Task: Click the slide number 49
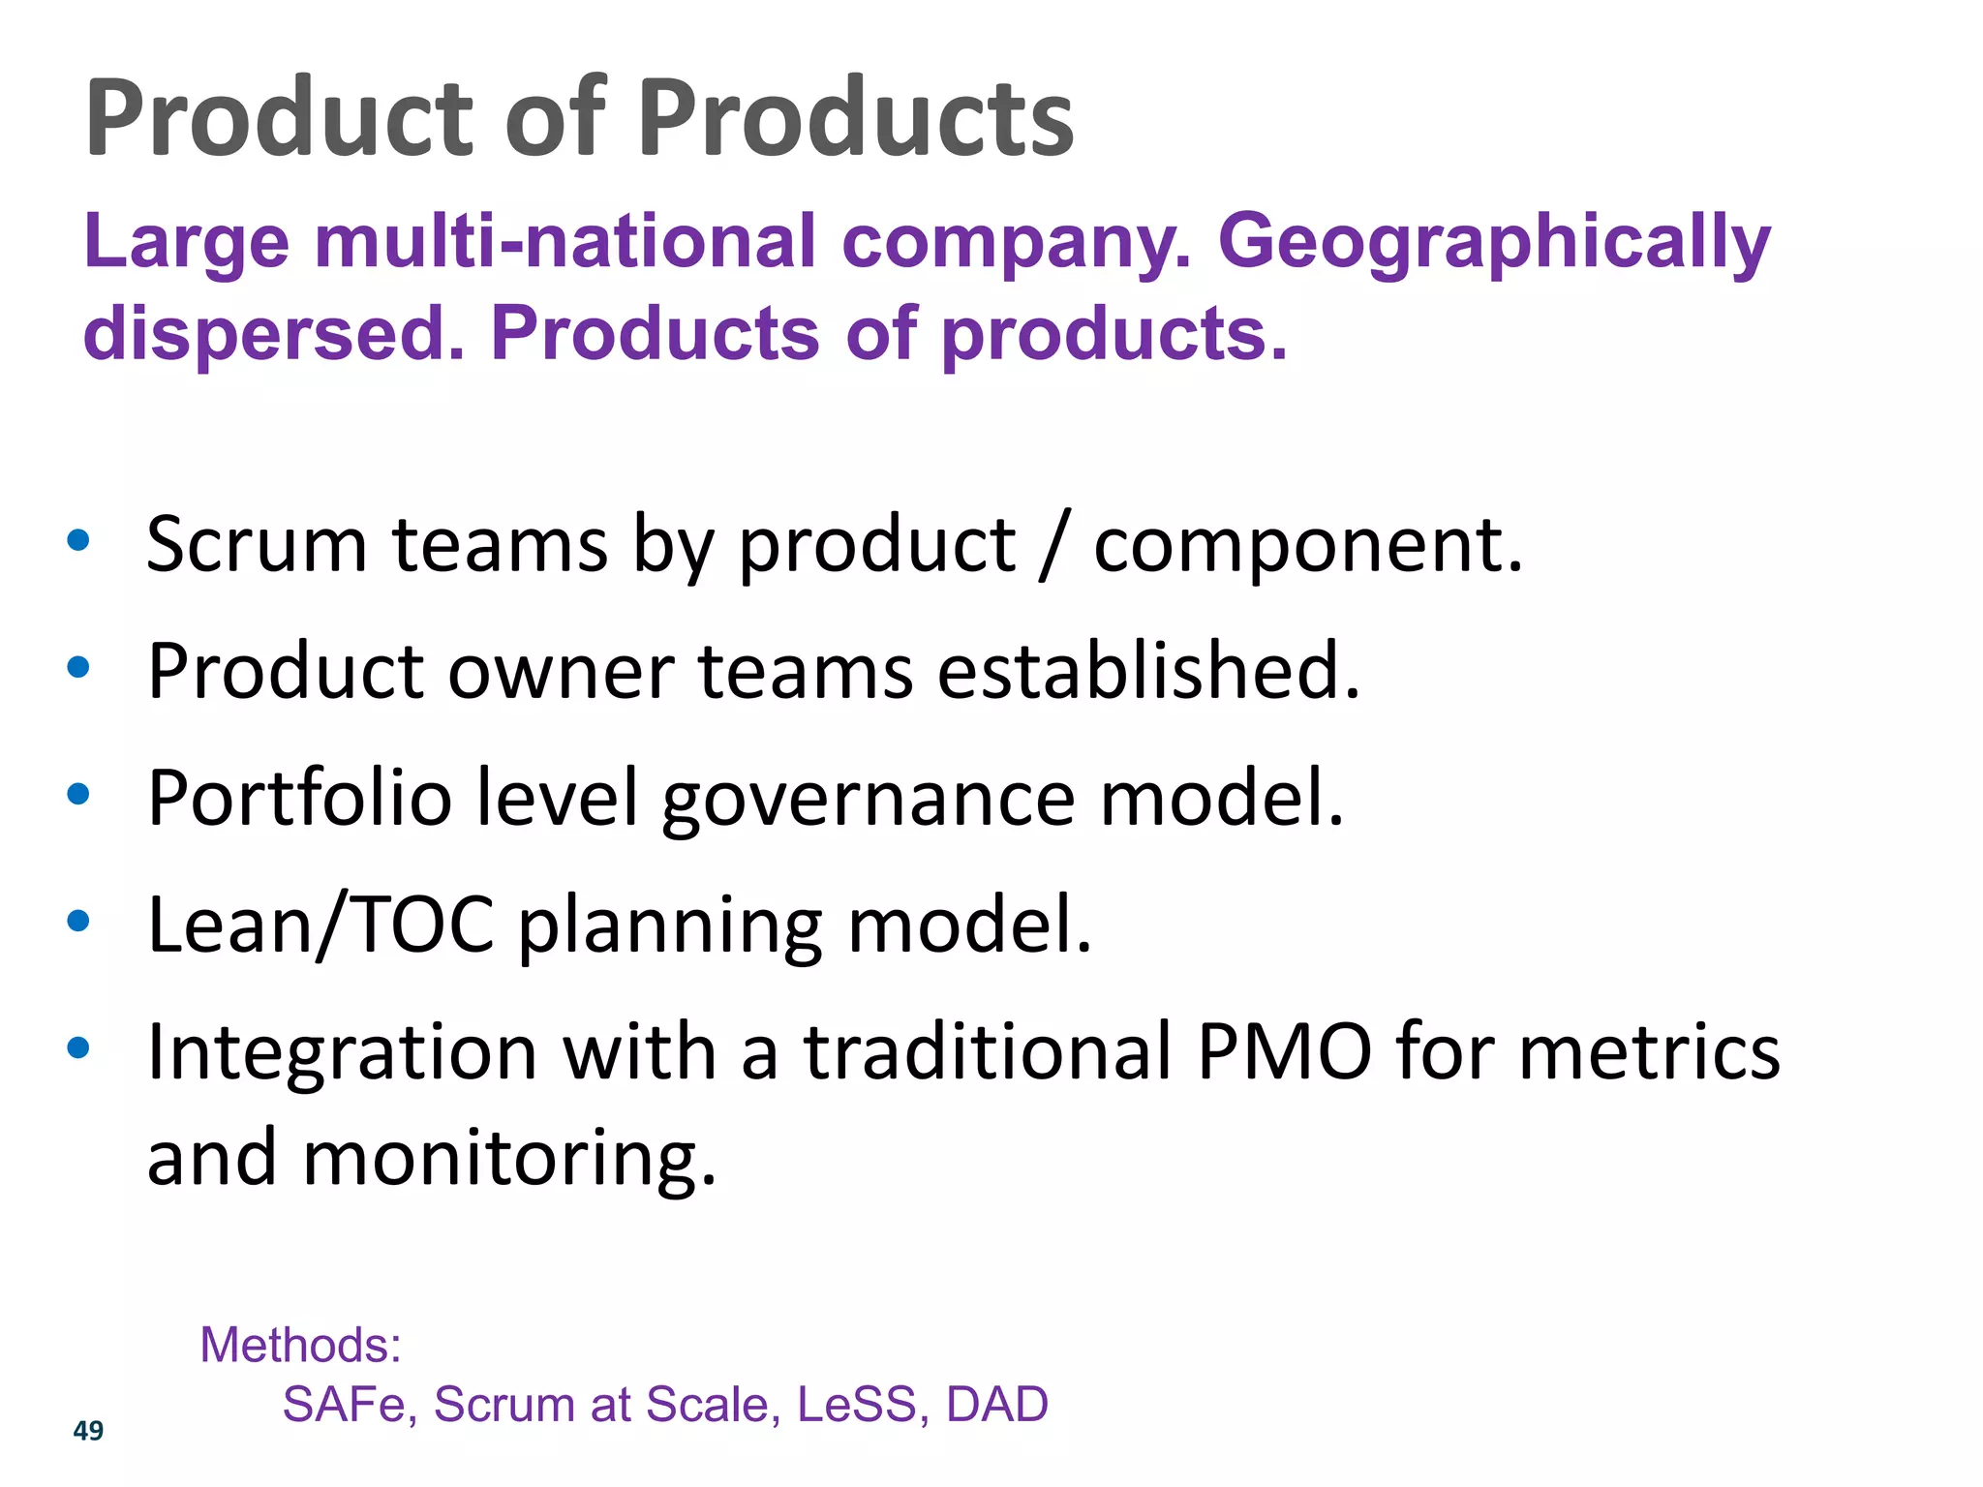(x=88, y=1430)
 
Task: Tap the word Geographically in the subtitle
(x=1494, y=244)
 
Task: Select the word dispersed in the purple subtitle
(x=274, y=334)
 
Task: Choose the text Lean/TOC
(x=320, y=925)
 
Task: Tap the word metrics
(x=1649, y=1051)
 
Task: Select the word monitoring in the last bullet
(x=509, y=1159)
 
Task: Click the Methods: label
(x=300, y=1345)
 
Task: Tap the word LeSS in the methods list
(x=856, y=1405)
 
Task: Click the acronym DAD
(x=996, y=1405)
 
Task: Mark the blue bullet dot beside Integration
(x=78, y=1047)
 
